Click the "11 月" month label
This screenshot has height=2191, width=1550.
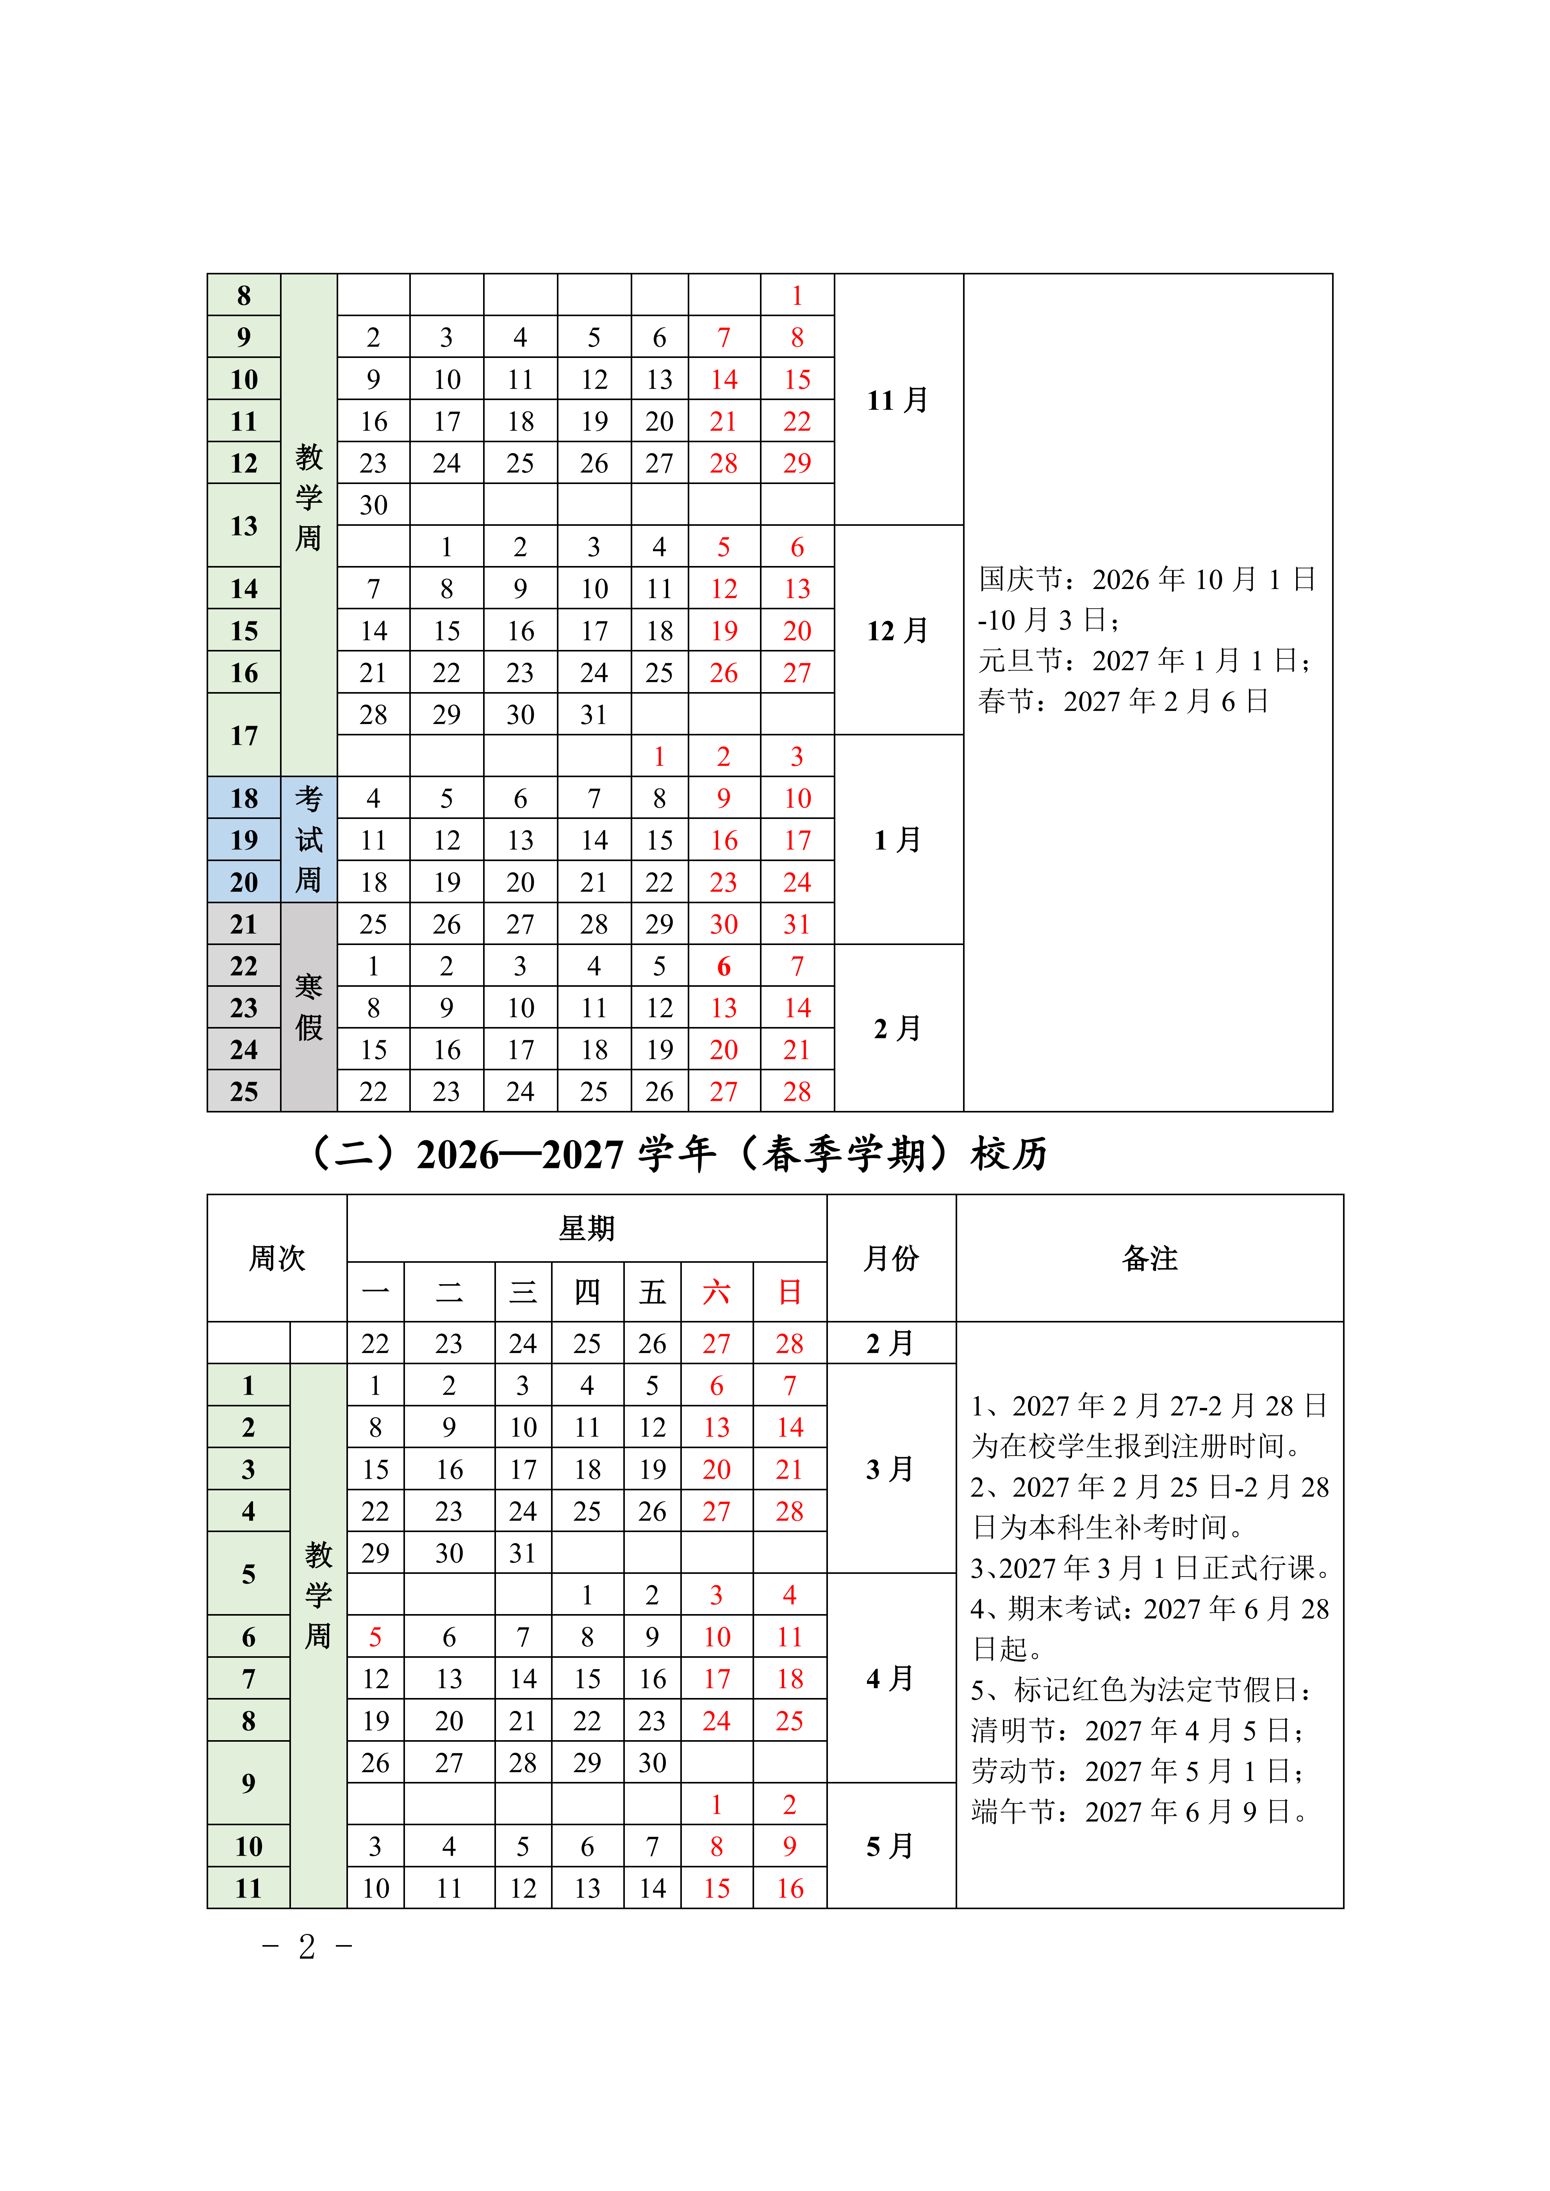pyautogui.click(x=897, y=400)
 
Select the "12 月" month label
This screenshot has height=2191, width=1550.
pyautogui.click(x=897, y=631)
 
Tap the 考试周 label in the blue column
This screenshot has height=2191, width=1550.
pyautogui.click(x=308, y=840)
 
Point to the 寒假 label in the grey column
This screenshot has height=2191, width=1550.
pyautogui.click(x=308, y=1007)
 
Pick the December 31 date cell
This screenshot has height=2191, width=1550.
pyautogui.click(x=594, y=715)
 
